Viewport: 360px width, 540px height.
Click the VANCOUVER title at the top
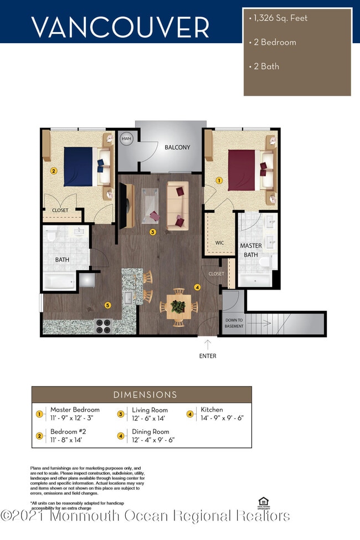[120, 27]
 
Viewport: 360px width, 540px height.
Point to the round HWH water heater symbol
[127, 139]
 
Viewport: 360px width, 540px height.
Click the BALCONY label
[177, 147]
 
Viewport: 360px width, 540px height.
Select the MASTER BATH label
[250, 250]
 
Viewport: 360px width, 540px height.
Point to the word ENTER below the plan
[208, 356]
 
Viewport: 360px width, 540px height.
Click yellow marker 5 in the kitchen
[108, 305]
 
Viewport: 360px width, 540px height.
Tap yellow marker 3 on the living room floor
[152, 233]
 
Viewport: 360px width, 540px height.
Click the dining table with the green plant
[178, 306]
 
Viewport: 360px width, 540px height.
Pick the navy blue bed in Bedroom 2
[80, 166]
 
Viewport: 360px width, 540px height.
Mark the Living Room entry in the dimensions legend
[150, 414]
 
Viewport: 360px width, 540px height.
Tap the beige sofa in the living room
[178, 205]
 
